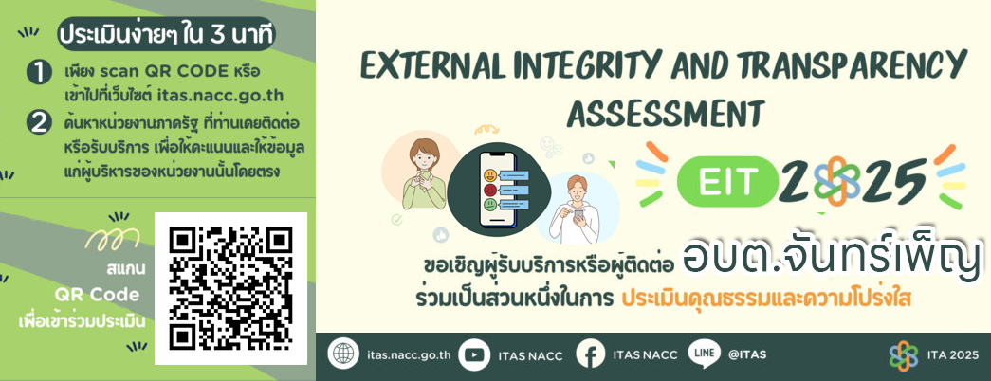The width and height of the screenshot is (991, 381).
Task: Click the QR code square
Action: point(230,288)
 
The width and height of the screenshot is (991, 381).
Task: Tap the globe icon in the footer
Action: point(343,354)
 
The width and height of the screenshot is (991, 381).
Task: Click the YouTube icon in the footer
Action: point(473,354)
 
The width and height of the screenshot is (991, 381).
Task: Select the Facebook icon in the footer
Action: point(591,354)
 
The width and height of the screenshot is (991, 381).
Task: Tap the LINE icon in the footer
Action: point(704,354)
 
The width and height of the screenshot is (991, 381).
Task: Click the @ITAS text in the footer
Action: point(747,354)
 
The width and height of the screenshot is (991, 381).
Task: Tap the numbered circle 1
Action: point(39,73)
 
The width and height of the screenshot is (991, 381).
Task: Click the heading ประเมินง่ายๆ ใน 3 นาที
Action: point(167,35)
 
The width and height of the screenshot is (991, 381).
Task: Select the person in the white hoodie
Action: point(575,209)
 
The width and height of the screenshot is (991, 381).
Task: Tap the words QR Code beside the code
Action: point(97,295)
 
